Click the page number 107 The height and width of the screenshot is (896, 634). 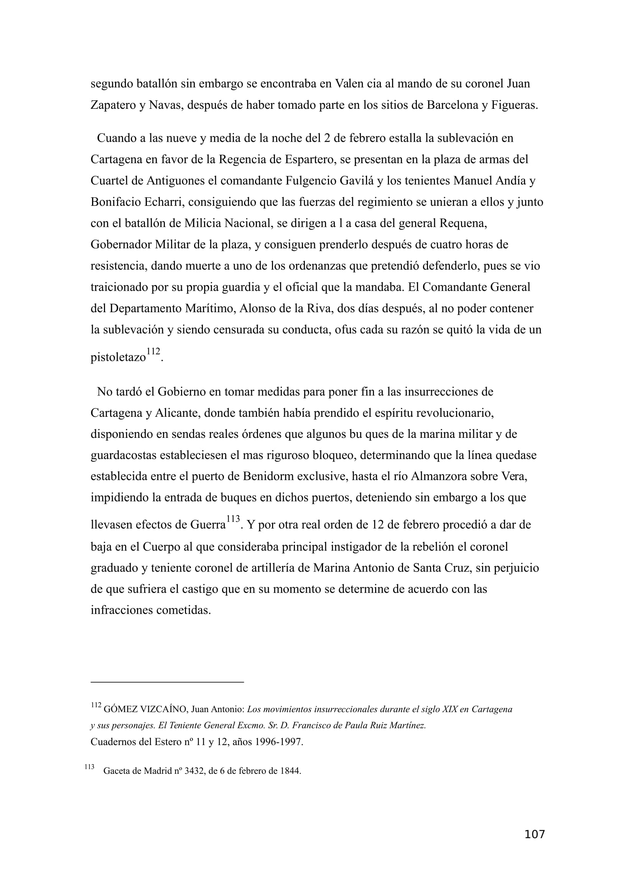click(x=534, y=845)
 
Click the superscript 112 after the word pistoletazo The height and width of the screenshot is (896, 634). click(x=153, y=351)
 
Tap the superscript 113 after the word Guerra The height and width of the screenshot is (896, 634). click(x=233, y=519)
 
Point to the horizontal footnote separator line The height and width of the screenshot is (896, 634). click(x=167, y=682)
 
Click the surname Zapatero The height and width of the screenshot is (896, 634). click(x=113, y=105)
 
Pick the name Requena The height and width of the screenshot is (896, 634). click(x=463, y=223)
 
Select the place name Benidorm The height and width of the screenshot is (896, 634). click(x=268, y=477)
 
